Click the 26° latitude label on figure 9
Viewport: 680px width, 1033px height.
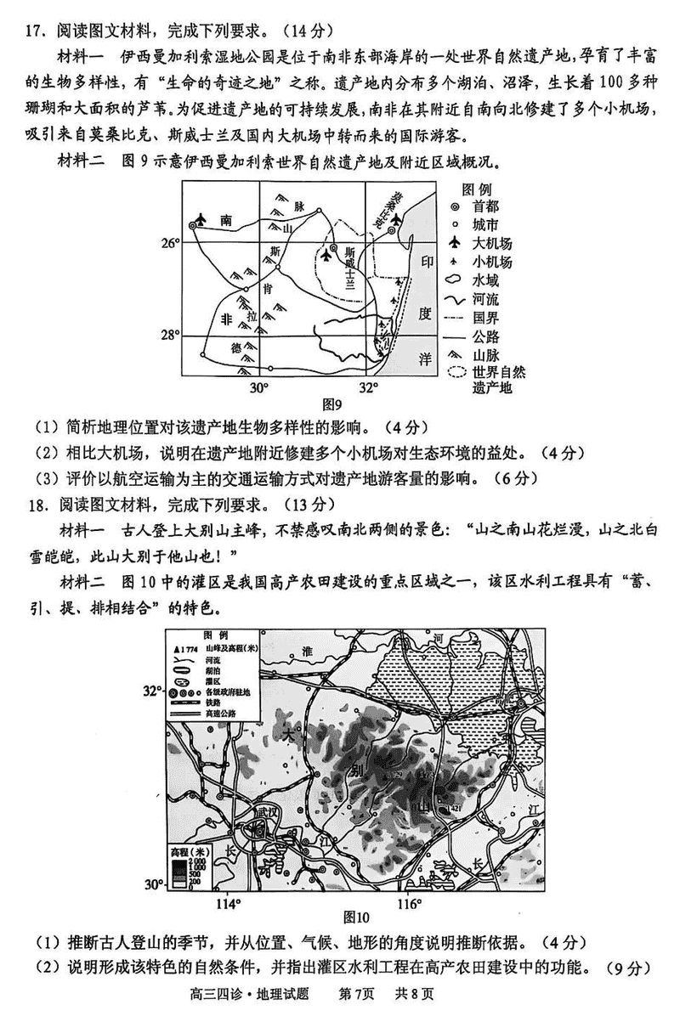click(168, 244)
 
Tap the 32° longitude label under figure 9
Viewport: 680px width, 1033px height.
click(367, 387)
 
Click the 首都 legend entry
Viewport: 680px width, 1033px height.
click(486, 206)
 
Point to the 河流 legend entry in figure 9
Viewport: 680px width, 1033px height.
click(486, 299)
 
